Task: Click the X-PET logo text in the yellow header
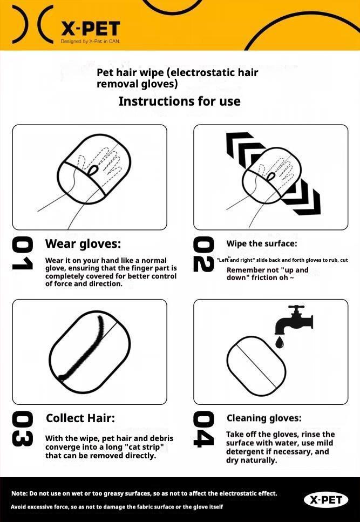pyautogui.click(x=91, y=29)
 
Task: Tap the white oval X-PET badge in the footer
pyautogui.click(x=326, y=500)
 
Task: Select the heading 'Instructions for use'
pyautogui.click(x=180, y=101)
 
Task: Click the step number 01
pyautogui.click(x=23, y=253)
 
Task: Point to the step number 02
pyautogui.click(x=203, y=254)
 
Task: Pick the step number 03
pyautogui.click(x=23, y=429)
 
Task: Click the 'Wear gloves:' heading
pyautogui.click(x=83, y=243)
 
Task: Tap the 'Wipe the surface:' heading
pyautogui.click(x=262, y=243)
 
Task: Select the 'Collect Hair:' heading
pyautogui.click(x=80, y=418)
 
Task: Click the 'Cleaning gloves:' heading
pyautogui.click(x=264, y=418)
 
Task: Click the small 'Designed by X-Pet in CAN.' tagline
pyautogui.click(x=90, y=41)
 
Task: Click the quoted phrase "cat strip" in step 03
pyautogui.click(x=146, y=447)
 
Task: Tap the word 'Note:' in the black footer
pyautogui.click(x=19, y=493)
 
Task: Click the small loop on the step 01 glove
pyautogui.click(x=93, y=170)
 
